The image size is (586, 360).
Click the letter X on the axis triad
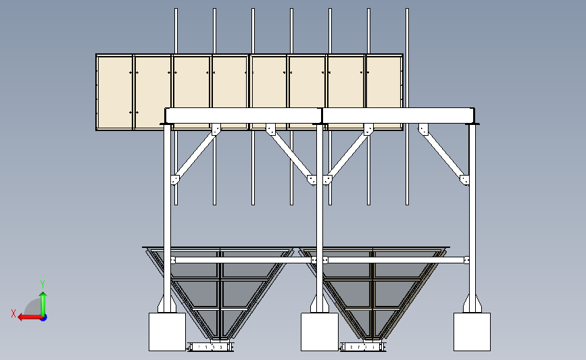click(x=14, y=313)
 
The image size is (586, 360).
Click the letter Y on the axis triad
click(x=43, y=284)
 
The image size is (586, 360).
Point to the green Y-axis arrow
click(x=43, y=305)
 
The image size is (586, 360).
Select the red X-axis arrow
click(x=30, y=317)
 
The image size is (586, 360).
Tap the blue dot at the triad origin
click(x=44, y=317)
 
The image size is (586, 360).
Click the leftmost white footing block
click(x=167, y=332)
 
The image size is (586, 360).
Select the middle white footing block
click(x=320, y=332)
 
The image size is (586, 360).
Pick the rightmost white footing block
click(x=472, y=332)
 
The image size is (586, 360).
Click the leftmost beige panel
click(x=115, y=92)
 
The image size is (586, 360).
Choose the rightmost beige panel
click(x=384, y=82)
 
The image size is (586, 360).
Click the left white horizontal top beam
click(x=243, y=115)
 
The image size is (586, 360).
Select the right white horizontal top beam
click(x=398, y=115)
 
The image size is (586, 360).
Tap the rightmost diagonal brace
click(x=443, y=155)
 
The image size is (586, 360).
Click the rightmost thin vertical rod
click(x=408, y=107)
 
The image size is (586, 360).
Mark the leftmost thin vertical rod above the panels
click(x=176, y=31)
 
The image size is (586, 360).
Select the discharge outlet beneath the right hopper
click(x=363, y=347)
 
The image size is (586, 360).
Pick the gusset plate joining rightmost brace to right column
click(x=464, y=180)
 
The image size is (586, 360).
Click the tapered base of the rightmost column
click(x=472, y=303)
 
